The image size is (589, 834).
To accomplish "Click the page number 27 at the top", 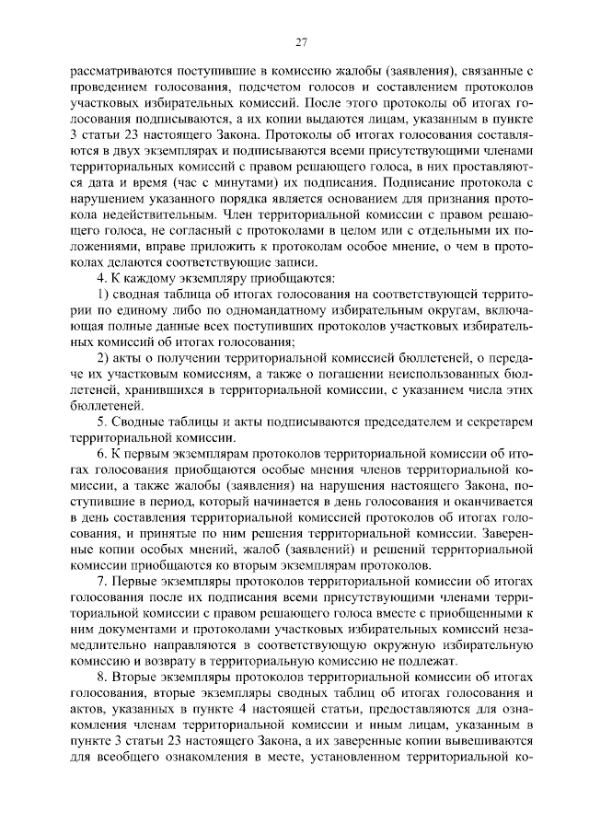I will tap(300, 41).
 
